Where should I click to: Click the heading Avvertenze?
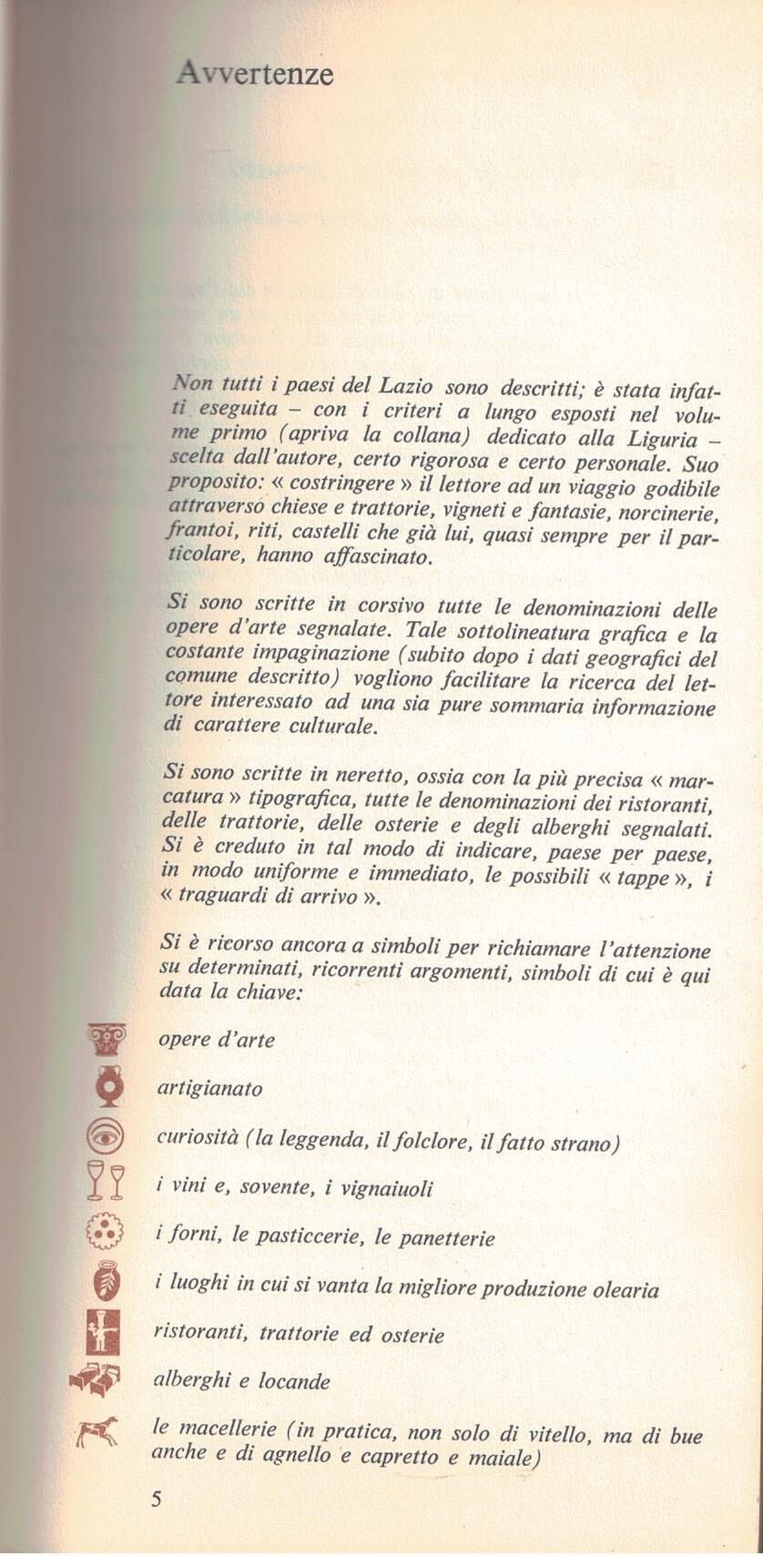click(x=255, y=73)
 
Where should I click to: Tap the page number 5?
click(x=156, y=1499)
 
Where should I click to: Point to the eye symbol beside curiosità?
click(x=107, y=1136)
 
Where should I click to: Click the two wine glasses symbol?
click(x=106, y=1182)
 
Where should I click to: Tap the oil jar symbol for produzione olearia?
click(x=107, y=1281)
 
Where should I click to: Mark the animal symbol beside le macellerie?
click(x=97, y=1433)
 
